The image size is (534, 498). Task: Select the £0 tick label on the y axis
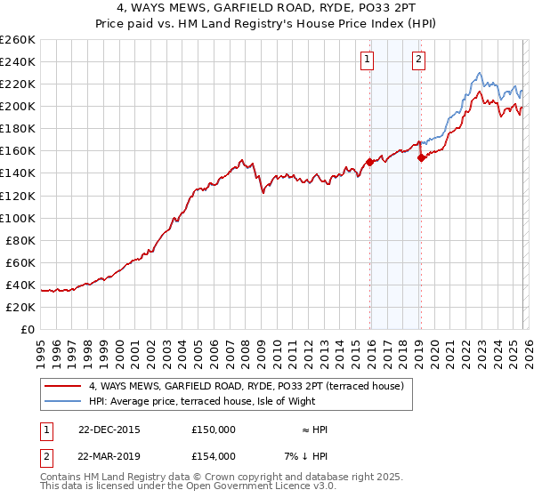28,329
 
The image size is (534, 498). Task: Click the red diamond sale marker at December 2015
369,162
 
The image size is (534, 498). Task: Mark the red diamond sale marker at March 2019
421,157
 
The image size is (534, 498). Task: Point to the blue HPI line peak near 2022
479,74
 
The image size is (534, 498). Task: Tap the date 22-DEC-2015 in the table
109,430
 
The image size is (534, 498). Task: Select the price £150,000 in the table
213,430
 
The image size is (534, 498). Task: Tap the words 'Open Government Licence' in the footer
266,486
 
